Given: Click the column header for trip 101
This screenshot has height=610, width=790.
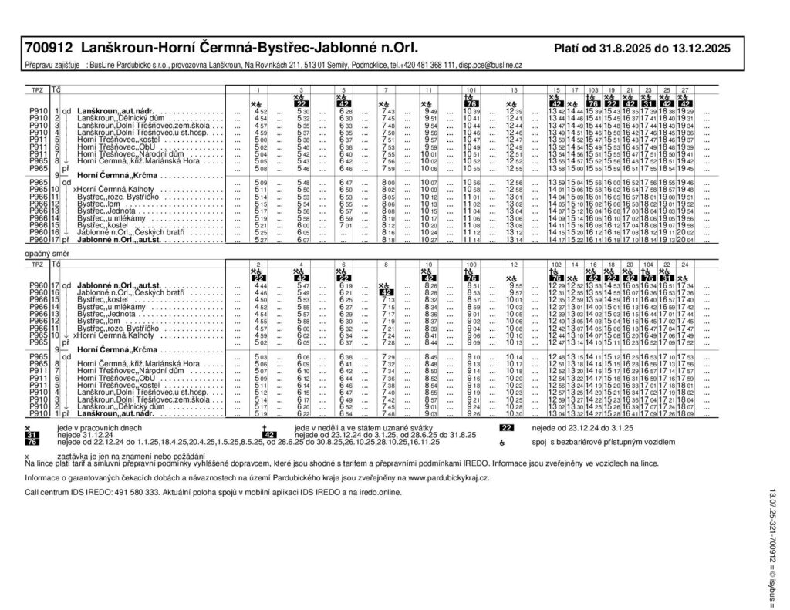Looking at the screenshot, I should tap(471, 90).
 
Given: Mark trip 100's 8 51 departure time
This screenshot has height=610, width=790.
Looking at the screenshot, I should tap(473, 285).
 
